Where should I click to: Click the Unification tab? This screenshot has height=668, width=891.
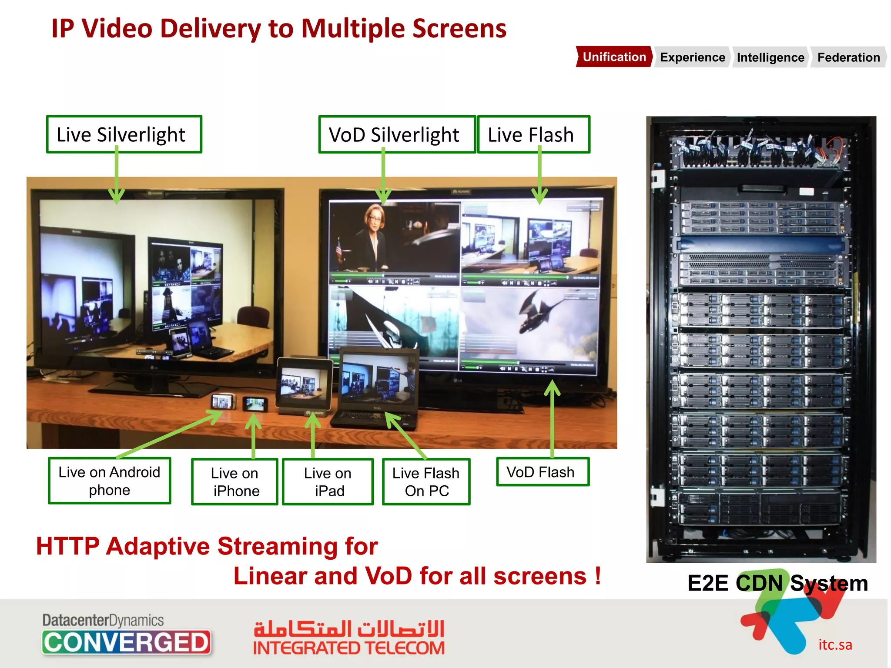[614, 57]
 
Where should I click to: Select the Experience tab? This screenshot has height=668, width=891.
[692, 57]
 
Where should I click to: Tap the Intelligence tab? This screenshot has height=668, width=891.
[770, 57]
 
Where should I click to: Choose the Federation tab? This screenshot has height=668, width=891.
[848, 57]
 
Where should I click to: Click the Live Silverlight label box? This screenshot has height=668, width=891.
[124, 134]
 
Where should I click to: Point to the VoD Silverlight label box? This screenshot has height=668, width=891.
[397, 134]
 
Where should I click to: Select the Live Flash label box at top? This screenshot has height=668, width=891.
[533, 134]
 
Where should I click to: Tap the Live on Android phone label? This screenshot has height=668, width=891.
[109, 481]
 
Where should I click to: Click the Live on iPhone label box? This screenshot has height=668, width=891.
[234, 481]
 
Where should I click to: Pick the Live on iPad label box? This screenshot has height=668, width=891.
[328, 481]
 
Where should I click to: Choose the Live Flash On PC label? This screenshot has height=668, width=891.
[426, 481]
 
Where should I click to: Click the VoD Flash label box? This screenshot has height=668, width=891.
[543, 472]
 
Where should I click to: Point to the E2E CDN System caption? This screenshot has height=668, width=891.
[777, 583]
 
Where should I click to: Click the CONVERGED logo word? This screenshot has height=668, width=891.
[126, 642]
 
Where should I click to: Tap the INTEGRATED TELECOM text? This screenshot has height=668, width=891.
[349, 648]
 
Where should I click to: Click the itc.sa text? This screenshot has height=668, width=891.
[835, 645]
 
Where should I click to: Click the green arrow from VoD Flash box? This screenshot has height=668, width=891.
[552, 417]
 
